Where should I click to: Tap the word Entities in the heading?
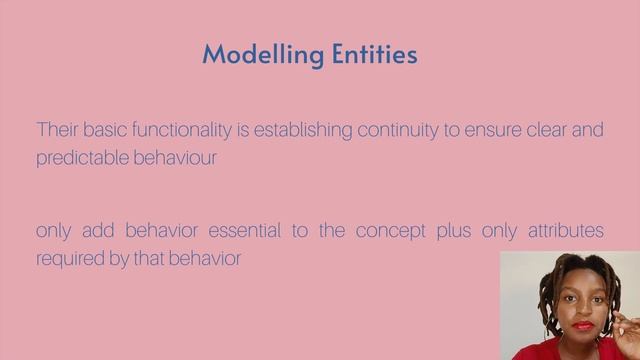367,54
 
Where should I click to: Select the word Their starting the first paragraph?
55,130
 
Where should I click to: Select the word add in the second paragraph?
96,231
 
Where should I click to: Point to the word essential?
247,231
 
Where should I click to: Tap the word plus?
453,232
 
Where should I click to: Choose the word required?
67,258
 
